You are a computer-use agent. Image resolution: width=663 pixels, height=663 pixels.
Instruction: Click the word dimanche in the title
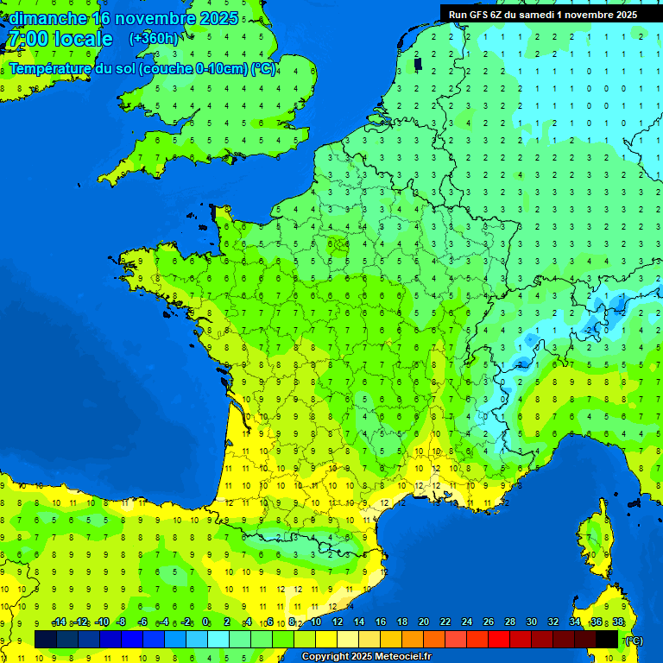(47, 18)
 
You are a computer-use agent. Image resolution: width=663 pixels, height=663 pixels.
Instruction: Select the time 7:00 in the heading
(27, 39)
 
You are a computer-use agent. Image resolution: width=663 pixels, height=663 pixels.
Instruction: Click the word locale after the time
(83, 39)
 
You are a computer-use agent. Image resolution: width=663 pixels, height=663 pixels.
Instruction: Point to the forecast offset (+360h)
(154, 39)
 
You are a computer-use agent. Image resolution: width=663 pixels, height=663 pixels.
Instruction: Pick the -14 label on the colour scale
(59, 622)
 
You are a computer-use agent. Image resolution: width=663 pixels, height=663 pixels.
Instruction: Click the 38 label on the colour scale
(618, 622)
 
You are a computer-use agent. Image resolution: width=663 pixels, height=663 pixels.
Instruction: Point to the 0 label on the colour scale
(206, 622)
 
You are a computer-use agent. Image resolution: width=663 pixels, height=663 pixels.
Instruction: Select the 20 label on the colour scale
(424, 622)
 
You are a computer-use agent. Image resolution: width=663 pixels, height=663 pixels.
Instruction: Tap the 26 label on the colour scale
(489, 622)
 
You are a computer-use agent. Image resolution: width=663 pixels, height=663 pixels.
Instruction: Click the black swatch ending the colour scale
(607, 639)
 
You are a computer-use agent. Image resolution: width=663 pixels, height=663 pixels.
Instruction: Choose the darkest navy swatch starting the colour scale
(46, 639)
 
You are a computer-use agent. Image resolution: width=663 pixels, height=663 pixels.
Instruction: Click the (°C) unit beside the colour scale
(634, 640)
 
